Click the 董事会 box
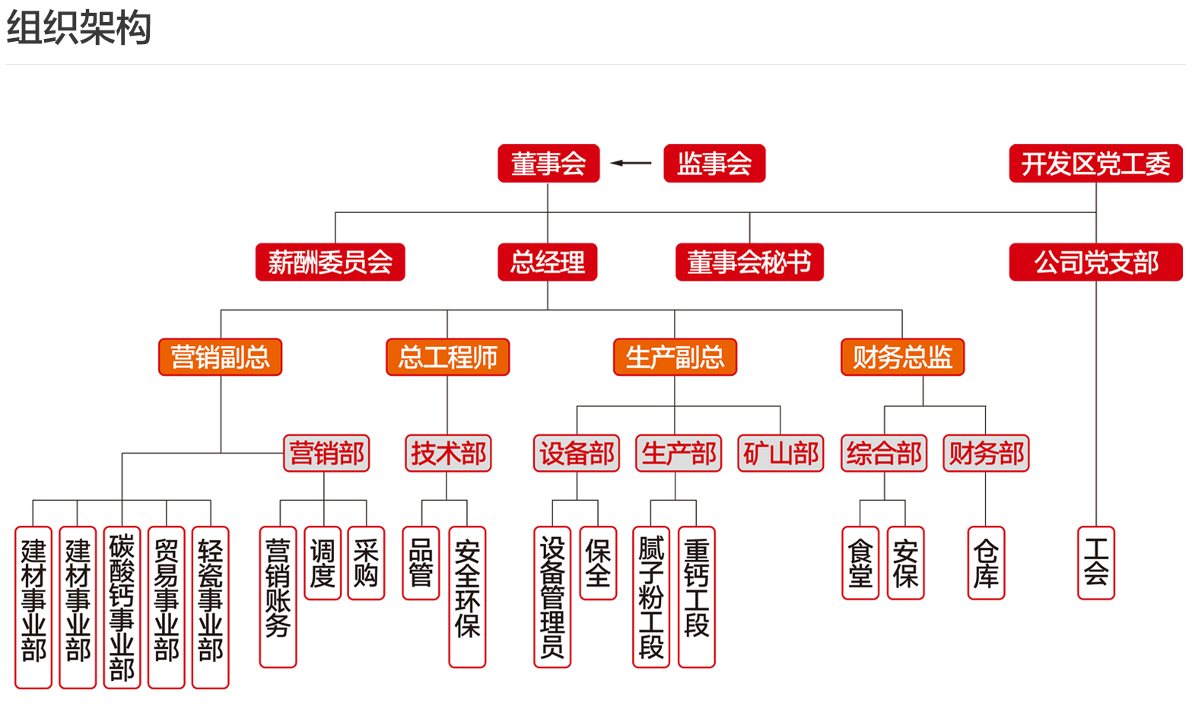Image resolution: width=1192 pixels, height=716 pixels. (548, 164)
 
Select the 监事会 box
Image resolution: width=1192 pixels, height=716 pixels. (714, 164)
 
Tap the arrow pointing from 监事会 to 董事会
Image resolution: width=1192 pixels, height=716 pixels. (631, 163)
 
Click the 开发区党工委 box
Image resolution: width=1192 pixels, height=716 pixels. (1095, 164)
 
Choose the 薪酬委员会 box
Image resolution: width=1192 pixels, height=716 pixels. (330, 263)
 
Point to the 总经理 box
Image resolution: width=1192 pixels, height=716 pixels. (548, 263)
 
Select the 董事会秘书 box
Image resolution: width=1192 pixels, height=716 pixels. (749, 263)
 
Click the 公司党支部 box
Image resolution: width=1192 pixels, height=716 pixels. (1095, 263)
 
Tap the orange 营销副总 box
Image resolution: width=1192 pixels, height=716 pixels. (221, 357)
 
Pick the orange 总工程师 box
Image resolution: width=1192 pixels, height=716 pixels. (447, 357)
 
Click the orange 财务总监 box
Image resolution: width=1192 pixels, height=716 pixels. (902, 357)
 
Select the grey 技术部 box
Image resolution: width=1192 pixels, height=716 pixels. (448, 453)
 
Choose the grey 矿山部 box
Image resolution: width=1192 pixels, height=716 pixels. (780, 453)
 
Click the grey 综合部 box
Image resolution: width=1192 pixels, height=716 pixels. (884, 453)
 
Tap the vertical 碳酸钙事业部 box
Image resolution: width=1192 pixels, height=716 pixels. (122, 607)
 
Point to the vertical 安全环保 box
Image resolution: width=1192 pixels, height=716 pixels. (467, 597)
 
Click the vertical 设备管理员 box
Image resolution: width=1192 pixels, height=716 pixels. (552, 597)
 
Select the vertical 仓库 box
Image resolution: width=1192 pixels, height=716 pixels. (986, 563)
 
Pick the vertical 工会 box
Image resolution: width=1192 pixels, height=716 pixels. (1096, 563)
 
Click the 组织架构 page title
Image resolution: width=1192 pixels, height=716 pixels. (79, 28)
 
